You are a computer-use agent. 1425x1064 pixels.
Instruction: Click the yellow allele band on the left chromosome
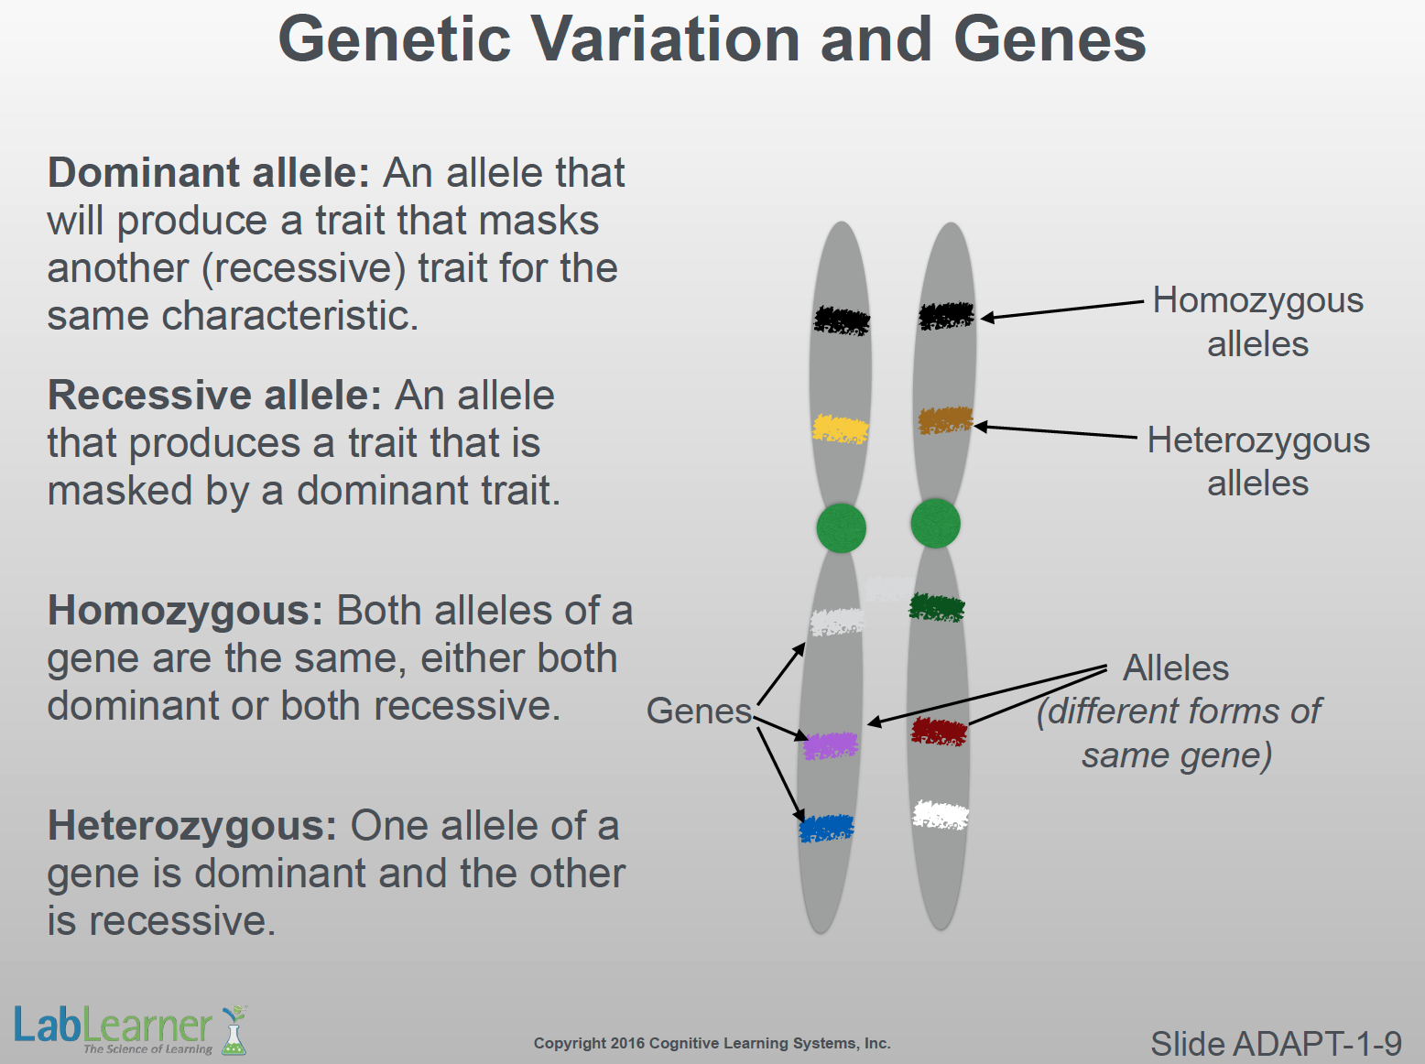pos(841,429)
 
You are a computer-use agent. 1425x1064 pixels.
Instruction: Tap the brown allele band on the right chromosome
pos(946,420)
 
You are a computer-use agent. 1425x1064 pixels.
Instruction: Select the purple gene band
pos(831,746)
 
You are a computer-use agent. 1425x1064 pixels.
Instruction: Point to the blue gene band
pos(826,829)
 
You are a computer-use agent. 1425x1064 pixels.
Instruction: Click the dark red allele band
pos(940,732)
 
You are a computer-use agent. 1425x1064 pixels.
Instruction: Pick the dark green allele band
pos(937,607)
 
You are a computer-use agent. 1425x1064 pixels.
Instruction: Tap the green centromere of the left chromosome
pos(842,528)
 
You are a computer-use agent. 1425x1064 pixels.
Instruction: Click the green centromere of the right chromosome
pos(936,524)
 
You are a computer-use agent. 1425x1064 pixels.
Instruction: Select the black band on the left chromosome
pos(842,320)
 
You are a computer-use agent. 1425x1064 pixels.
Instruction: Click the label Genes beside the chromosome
pos(699,711)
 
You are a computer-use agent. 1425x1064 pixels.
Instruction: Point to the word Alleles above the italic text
pos(1176,668)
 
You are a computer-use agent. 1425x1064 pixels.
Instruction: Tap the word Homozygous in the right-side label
pos(1258,301)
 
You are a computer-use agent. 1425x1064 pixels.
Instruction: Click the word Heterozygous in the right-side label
pos(1259,441)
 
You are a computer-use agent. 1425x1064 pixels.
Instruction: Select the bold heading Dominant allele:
pos(209,172)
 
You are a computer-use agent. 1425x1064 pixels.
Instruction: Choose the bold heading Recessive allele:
pos(214,395)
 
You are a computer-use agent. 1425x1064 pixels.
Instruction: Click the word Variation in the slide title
pos(666,39)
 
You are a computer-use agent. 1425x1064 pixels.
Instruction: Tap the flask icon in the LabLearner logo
pos(234,1030)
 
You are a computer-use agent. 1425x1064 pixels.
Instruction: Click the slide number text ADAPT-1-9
pos(1317,1044)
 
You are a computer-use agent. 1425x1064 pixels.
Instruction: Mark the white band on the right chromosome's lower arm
pos(941,815)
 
